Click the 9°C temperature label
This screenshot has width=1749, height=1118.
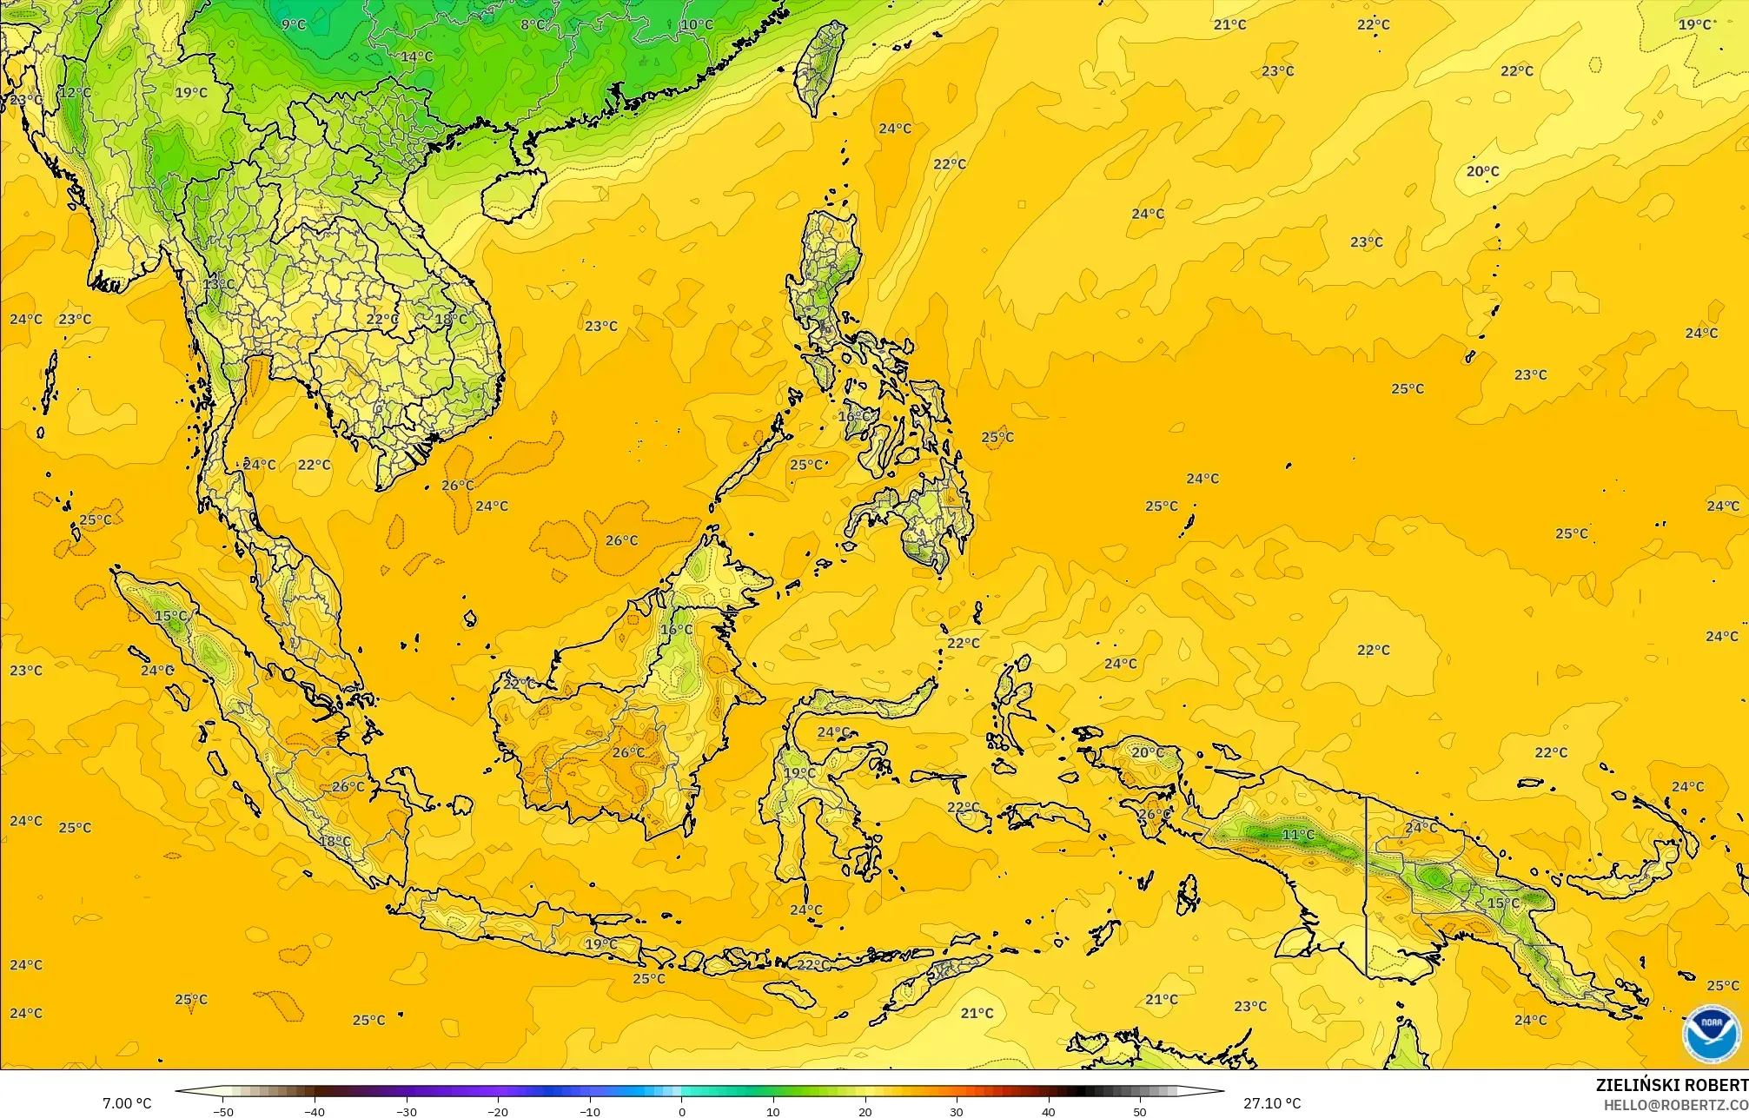click(294, 25)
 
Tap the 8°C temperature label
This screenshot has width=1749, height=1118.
click(533, 25)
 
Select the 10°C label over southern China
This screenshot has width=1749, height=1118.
click(696, 25)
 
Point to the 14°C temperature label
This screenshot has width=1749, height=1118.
click(417, 57)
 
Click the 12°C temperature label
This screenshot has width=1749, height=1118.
click(75, 92)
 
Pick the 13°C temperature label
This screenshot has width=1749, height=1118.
click(219, 284)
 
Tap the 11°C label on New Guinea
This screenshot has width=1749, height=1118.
click(1299, 835)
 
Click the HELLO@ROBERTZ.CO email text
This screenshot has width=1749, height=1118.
click(1675, 1104)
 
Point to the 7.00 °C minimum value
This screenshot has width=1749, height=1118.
click(127, 1103)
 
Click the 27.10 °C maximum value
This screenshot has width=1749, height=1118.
click(1272, 1103)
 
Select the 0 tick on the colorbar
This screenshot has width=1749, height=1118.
click(681, 1111)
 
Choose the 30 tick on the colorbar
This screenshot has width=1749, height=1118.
click(957, 1111)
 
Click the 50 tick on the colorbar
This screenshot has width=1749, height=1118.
click(1140, 1111)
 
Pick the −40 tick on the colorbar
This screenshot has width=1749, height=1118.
click(315, 1111)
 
